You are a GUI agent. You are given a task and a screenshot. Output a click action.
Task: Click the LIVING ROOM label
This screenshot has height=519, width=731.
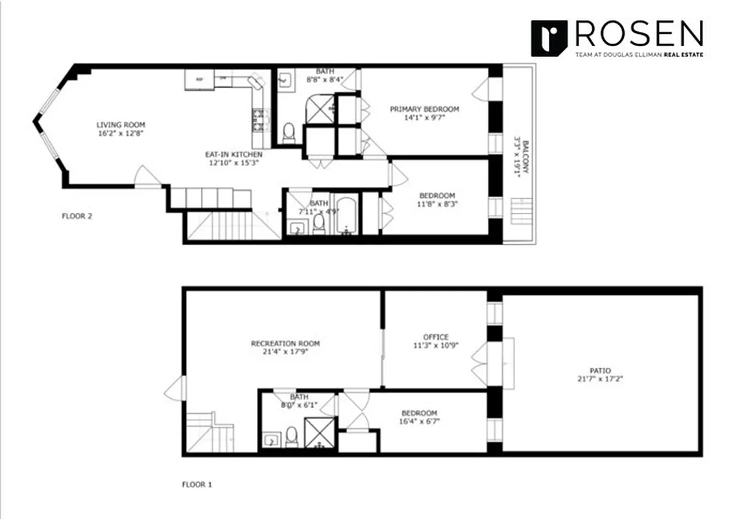coord(121,125)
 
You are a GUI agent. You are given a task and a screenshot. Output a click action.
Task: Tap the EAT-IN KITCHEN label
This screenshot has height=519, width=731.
coord(234,154)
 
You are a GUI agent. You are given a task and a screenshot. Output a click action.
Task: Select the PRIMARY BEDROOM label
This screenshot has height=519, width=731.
coord(424,108)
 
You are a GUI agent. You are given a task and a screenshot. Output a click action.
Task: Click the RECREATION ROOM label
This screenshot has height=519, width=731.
coord(285,343)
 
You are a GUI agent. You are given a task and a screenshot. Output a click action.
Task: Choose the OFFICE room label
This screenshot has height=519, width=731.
coord(436,337)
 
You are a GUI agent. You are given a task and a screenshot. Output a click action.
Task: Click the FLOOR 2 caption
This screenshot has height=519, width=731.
coord(77,216)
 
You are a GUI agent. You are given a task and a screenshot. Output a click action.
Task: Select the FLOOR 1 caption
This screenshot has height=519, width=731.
coord(197,484)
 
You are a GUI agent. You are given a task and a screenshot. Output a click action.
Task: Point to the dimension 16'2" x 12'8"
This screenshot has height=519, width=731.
coord(121,133)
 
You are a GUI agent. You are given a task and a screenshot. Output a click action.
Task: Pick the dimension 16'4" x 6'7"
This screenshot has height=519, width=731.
coord(419,421)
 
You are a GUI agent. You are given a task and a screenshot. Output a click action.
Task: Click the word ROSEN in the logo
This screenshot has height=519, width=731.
coord(638,33)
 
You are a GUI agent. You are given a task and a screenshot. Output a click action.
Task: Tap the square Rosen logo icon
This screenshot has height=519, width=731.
coord(549,38)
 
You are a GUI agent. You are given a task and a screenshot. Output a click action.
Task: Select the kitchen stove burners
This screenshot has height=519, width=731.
coord(259,119)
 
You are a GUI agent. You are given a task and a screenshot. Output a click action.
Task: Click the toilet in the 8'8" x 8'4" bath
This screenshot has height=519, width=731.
coord(289,133)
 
